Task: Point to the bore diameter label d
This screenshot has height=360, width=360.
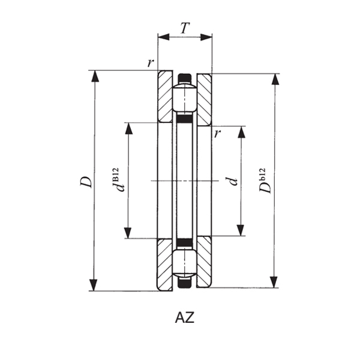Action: [233, 181]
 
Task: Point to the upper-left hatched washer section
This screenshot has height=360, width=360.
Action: [165, 96]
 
